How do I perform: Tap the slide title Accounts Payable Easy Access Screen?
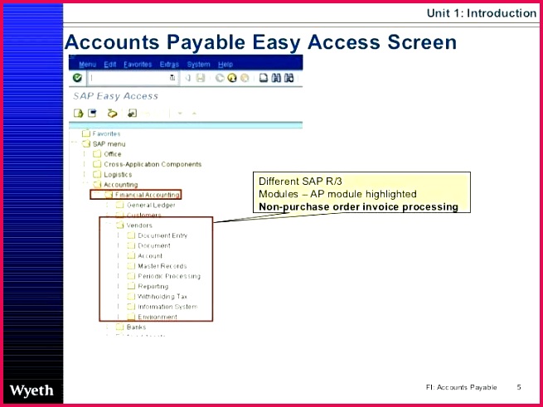click(x=260, y=42)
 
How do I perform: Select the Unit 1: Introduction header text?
click(x=481, y=12)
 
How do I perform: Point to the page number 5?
click(x=519, y=387)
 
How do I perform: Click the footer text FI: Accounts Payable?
click(x=462, y=387)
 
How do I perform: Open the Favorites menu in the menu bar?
click(x=138, y=65)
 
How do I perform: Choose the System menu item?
click(x=198, y=65)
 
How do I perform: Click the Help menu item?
click(x=225, y=65)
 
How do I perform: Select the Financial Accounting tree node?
click(x=147, y=195)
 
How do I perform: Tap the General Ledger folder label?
click(x=150, y=205)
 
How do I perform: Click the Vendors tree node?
click(x=138, y=225)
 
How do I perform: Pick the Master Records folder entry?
click(x=162, y=266)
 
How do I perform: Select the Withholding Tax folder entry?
click(x=162, y=296)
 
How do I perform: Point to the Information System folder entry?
click(x=167, y=307)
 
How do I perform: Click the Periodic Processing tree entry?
click(x=168, y=276)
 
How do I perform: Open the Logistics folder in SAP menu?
click(x=117, y=174)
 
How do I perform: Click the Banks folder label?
click(x=135, y=327)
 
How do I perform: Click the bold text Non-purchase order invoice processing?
click(x=358, y=207)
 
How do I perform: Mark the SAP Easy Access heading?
click(x=115, y=96)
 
